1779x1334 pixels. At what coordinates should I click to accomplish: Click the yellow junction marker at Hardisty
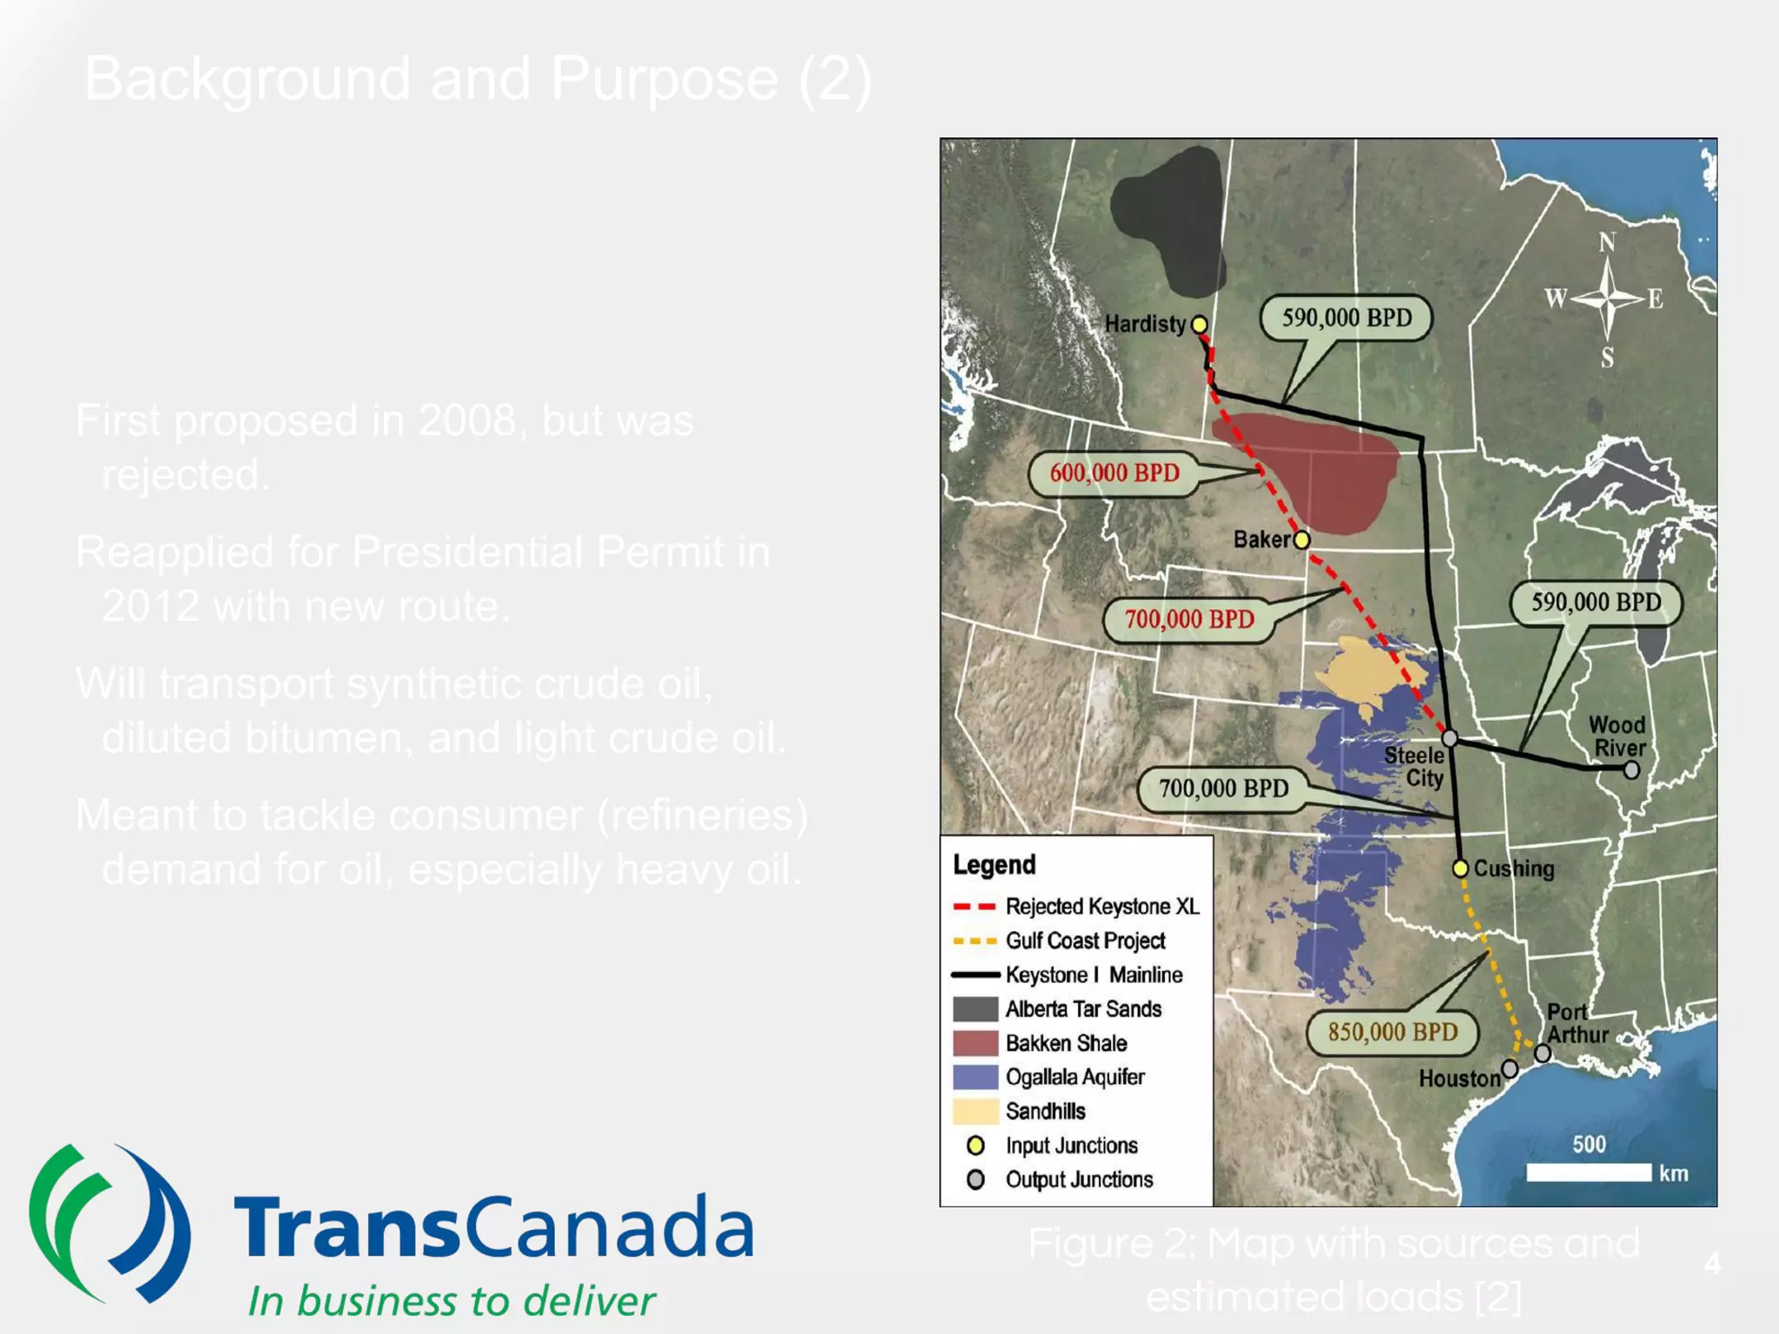coord(1199,325)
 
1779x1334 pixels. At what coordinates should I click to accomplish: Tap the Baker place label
coord(1261,539)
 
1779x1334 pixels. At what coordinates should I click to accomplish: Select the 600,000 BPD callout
coord(1114,473)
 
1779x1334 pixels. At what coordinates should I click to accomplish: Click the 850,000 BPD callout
coord(1392,1032)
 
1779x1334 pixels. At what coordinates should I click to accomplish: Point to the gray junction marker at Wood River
coord(1631,769)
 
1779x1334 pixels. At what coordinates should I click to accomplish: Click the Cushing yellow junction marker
coord(1460,868)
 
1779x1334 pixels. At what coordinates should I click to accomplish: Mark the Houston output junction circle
coord(1510,1068)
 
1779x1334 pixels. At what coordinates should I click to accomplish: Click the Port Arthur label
coord(1577,1023)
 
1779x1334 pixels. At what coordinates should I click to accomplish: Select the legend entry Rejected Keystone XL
coord(1101,907)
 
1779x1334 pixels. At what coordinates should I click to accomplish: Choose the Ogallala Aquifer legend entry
coord(1075,1077)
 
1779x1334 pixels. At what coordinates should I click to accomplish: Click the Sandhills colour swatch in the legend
coord(975,1111)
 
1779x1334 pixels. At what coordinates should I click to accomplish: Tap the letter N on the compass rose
coord(1607,242)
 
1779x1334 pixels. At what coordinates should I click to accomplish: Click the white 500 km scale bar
coord(1589,1172)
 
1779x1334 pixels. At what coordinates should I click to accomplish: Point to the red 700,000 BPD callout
coord(1189,619)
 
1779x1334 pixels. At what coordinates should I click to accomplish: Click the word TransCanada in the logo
coord(493,1227)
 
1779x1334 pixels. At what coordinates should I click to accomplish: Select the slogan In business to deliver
coord(452,1301)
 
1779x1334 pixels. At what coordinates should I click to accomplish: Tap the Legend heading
coord(994,865)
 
